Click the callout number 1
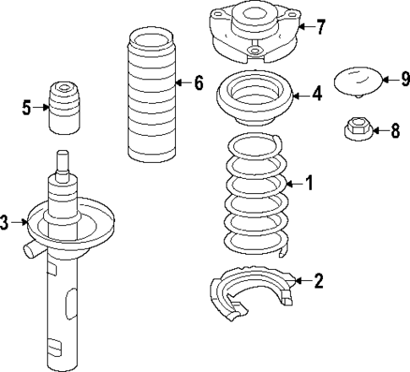tap(309, 183)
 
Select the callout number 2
tap(318, 281)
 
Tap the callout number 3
tap(5, 223)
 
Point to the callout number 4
tap(316, 94)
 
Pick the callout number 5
tap(26, 107)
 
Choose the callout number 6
tap(199, 83)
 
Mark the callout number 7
tap(320, 27)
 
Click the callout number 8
tap(395, 131)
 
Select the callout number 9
tap(405, 80)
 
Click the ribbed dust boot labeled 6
tap(150, 97)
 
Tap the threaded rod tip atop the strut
tap(62, 160)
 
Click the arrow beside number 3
tap(20, 223)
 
